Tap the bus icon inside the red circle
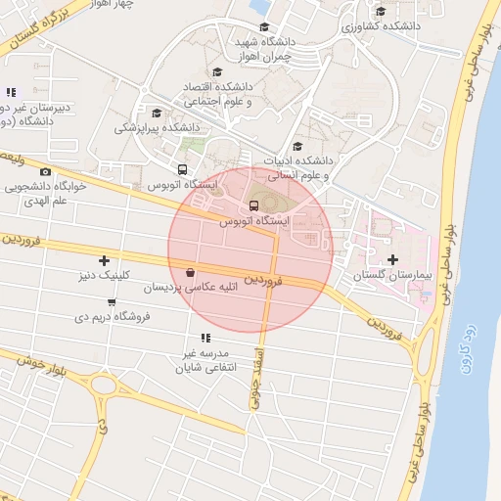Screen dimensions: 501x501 254,205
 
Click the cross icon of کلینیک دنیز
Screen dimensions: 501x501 104,259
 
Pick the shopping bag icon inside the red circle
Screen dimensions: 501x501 190,273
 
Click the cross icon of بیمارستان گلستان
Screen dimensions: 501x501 393,259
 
